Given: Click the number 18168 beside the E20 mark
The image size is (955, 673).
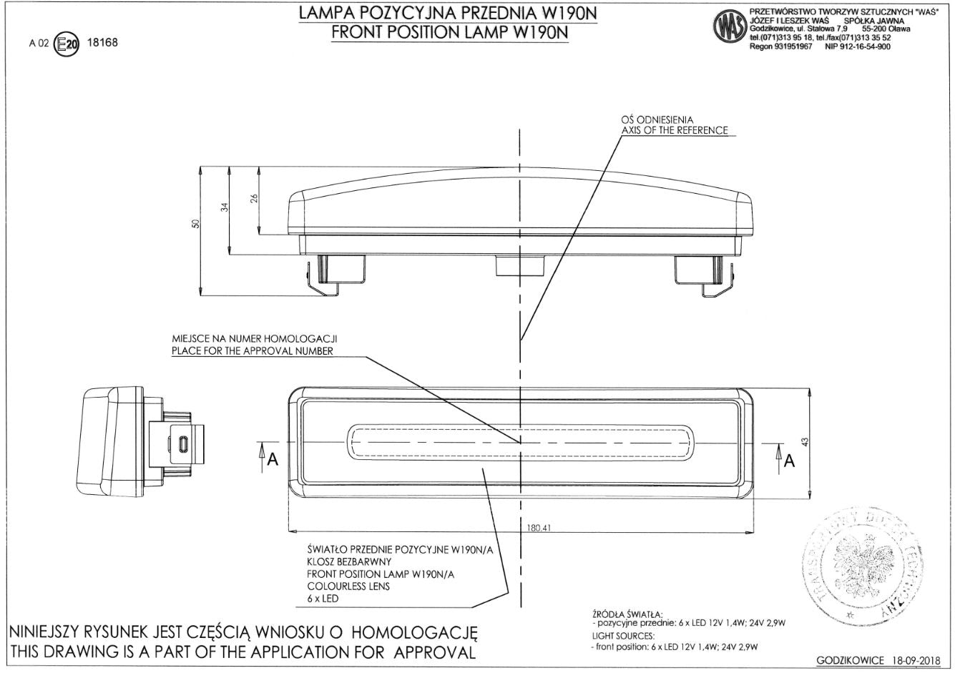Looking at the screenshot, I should (x=102, y=42).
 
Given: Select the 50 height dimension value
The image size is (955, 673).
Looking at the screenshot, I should (x=195, y=224).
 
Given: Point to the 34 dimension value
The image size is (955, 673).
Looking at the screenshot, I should (x=224, y=207).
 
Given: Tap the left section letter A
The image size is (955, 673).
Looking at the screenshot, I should (x=272, y=461).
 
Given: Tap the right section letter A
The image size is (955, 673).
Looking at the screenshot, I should (x=789, y=461).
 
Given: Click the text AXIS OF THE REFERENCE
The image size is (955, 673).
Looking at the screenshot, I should (x=674, y=130).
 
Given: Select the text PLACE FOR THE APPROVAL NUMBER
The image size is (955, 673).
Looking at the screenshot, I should (x=252, y=351).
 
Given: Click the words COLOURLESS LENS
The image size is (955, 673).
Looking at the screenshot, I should (x=348, y=586).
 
